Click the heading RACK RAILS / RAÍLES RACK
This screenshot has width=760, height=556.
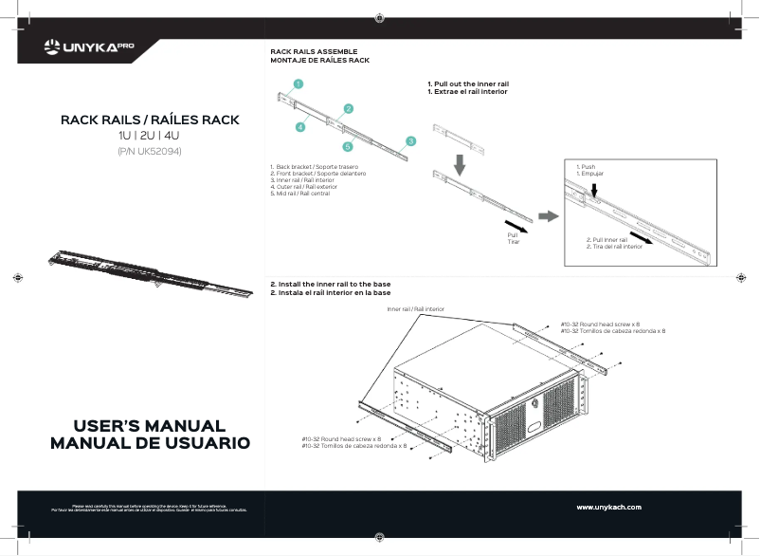coord(150,120)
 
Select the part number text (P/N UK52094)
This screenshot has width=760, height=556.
coord(149,151)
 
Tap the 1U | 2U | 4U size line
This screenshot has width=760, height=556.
coord(149,137)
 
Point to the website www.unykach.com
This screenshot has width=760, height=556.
coord(608,508)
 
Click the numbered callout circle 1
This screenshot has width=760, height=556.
coord(298,83)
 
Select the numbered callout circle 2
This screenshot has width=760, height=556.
coord(349,108)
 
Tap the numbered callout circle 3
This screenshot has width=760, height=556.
coord(410,140)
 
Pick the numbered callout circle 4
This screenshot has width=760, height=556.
coord(299,125)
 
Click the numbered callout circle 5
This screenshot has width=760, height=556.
coord(348,146)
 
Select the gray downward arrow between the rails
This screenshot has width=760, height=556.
coord(460,164)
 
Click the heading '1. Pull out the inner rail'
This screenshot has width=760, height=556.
coord(468,84)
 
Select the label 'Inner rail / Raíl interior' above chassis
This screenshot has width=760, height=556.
coord(415,309)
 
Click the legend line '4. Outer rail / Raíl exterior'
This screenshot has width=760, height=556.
coord(304,187)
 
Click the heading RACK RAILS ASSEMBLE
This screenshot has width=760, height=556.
coord(314,52)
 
